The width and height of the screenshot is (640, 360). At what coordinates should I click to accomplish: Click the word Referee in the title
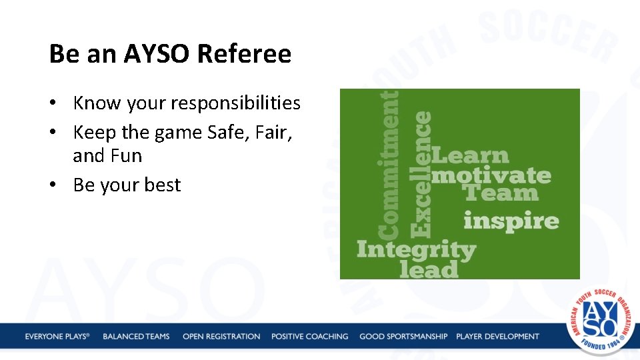pos(244,54)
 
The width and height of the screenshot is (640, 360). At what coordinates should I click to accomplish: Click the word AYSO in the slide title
pos(155,54)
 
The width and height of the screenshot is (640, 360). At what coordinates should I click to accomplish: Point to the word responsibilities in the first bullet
pos(237,103)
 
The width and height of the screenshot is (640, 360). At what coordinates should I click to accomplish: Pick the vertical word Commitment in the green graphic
pos(389,165)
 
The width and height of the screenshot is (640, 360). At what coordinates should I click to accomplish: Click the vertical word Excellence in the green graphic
pos(421,173)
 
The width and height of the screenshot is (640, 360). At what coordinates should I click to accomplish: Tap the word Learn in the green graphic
pos(470,156)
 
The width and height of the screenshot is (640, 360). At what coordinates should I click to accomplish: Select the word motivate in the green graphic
pos(491,175)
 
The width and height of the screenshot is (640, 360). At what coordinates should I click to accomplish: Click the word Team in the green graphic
pos(501,193)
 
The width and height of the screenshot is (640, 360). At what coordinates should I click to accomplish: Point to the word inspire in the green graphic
pos(511,221)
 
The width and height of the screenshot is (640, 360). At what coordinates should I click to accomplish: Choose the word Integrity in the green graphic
pos(416,250)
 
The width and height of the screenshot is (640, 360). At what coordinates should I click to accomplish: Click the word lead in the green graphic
pos(429,269)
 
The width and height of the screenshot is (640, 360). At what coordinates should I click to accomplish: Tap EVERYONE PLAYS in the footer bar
pos(57,337)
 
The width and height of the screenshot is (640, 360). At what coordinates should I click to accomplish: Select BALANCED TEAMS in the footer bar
pos(136,337)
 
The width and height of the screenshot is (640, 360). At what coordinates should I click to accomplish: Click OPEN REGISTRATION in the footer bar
pos(221,337)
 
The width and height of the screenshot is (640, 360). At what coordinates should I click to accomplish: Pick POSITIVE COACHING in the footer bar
pos(309,337)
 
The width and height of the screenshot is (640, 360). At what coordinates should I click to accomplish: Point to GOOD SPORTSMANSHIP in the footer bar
pos(403,337)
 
